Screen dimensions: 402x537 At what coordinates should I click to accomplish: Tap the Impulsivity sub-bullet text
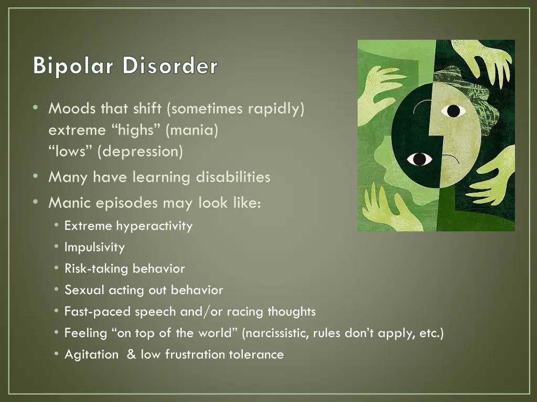(x=94, y=247)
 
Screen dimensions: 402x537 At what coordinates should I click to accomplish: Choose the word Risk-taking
(x=96, y=269)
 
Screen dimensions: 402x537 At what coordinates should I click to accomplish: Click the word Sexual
(x=84, y=290)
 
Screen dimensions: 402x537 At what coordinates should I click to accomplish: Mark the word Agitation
(x=91, y=354)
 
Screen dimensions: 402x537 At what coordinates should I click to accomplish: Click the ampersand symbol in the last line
(x=131, y=354)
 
